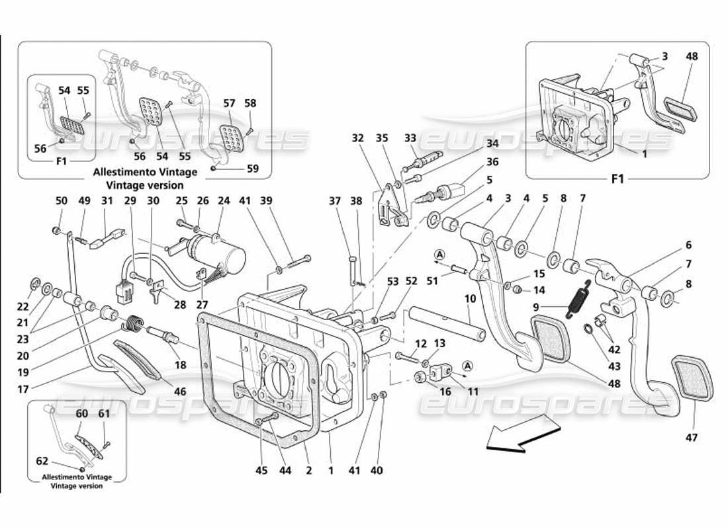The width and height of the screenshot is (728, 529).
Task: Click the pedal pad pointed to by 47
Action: point(692,378)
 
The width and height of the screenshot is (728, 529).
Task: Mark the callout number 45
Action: point(261,470)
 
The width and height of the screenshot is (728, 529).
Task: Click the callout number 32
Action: point(358,138)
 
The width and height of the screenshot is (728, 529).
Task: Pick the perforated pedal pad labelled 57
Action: point(229,137)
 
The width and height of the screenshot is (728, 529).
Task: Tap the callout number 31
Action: point(108,200)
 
